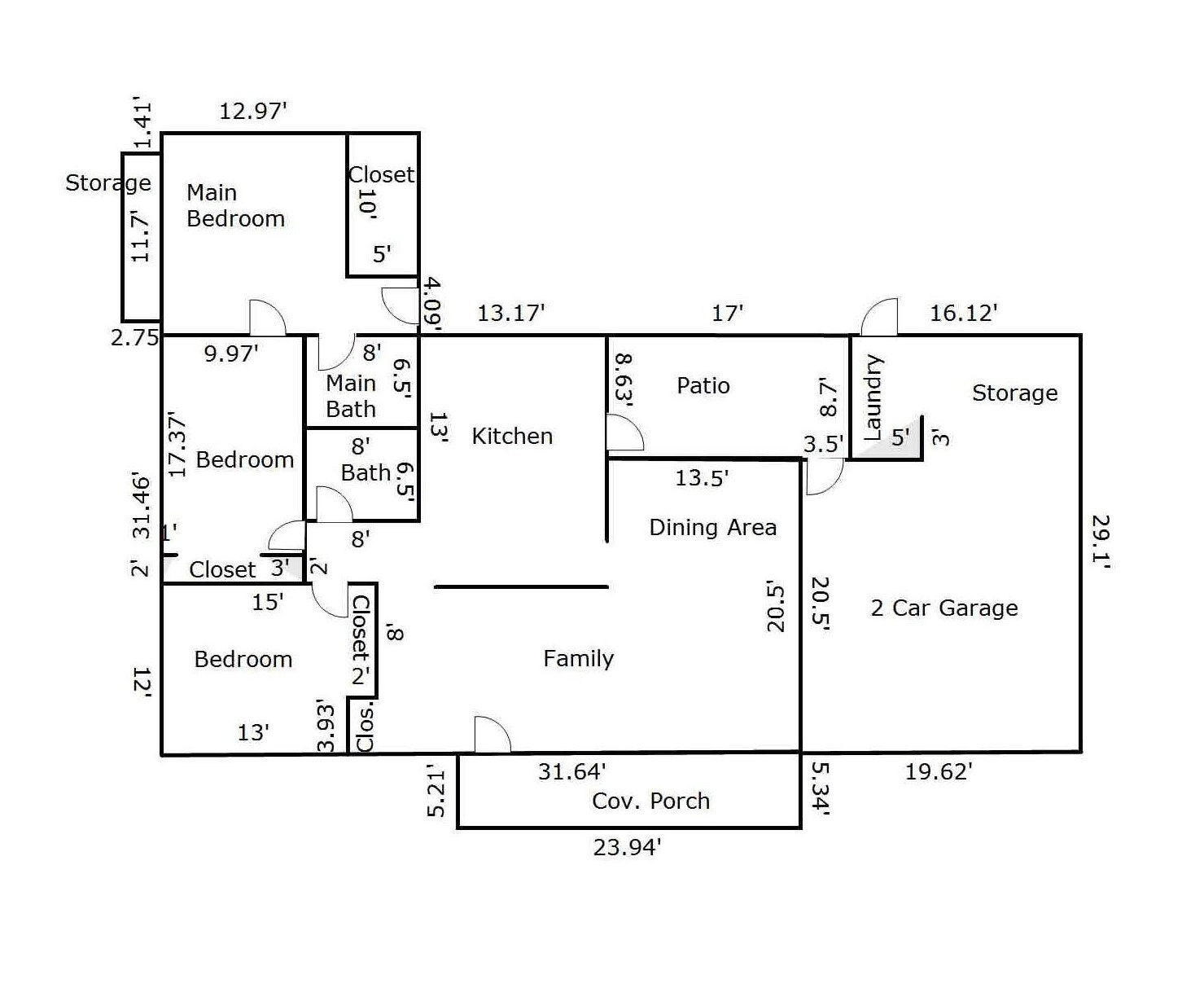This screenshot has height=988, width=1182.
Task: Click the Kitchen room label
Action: pos(512,436)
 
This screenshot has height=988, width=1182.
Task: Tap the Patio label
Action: pos(703,385)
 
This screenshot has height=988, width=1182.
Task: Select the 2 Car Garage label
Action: pos(944,608)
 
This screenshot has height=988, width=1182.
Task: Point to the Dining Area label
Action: pos(712,527)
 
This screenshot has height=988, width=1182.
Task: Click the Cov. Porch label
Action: pos(650,801)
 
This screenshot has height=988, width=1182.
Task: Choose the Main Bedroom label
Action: pos(235,205)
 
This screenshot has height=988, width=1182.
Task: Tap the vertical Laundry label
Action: pos(872,397)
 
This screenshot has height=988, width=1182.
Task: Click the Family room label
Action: pos(578,658)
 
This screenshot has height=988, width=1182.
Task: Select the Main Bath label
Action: pos(351,396)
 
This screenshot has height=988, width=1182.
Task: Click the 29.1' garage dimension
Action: pos(1100,542)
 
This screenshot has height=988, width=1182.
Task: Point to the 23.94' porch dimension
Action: pos(626,848)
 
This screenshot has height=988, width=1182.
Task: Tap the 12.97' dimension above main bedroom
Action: pos(253,110)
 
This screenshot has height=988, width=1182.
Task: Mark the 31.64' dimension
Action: pos(571,771)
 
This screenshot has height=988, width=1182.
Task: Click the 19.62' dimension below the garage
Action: pos(939,771)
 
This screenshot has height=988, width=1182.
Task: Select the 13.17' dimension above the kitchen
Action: pos(510,312)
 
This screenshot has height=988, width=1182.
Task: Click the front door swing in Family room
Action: pos(491,735)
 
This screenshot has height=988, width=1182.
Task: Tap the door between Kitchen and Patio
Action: pos(624,433)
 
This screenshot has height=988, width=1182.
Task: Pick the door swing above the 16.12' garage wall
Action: pos(881,318)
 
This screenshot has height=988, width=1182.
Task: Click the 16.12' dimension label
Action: pos(964,312)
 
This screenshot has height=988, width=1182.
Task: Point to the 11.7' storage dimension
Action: pos(141,236)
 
